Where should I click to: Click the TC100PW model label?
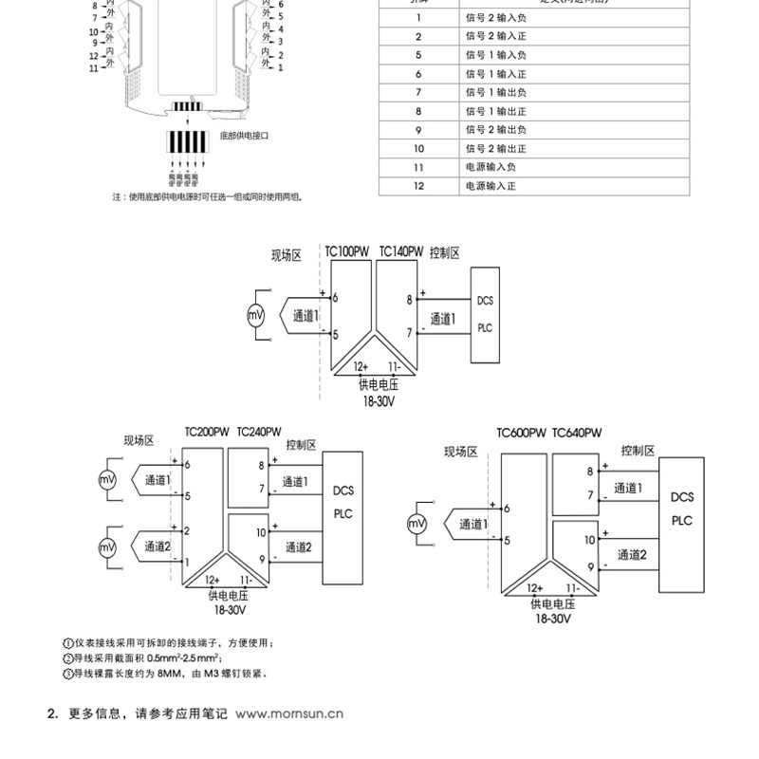tap(346, 252)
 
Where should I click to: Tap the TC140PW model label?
tap(401, 252)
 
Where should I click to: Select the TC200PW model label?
tap(206, 431)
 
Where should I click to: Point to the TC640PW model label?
tap(577, 433)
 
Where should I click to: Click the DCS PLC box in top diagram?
tap(485, 314)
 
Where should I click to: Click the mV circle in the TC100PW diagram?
tap(254, 315)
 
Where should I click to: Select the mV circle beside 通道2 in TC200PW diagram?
tap(107, 546)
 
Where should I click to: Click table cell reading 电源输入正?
tap(491, 187)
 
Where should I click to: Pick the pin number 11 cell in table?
tap(417, 168)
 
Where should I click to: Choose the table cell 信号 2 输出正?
tap(496, 149)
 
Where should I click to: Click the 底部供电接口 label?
tap(245, 137)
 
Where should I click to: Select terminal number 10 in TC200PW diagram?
tap(260, 533)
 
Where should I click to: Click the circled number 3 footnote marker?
tap(67, 674)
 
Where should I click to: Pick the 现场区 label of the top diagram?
tap(287, 254)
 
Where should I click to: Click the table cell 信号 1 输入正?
tap(496, 73)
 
